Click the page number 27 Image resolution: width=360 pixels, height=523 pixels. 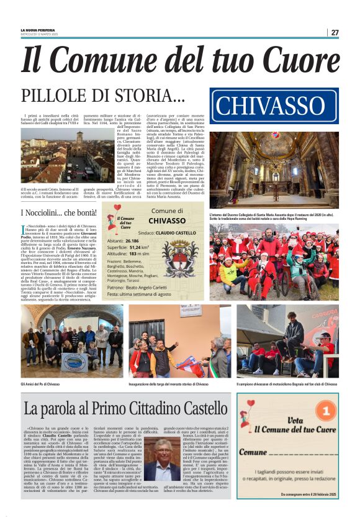(x=335, y=32)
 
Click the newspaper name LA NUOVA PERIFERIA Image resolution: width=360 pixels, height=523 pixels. (x=38, y=30)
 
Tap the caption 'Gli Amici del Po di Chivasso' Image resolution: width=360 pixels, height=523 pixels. (x=40, y=383)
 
